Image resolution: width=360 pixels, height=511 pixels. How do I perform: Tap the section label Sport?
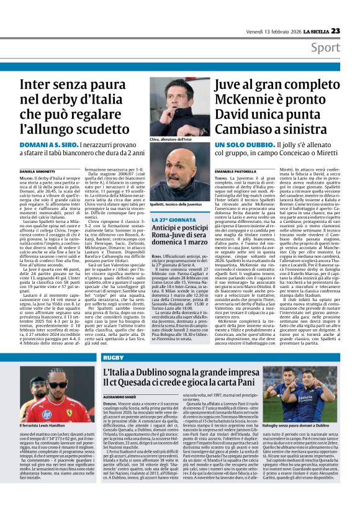click(342, 48)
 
